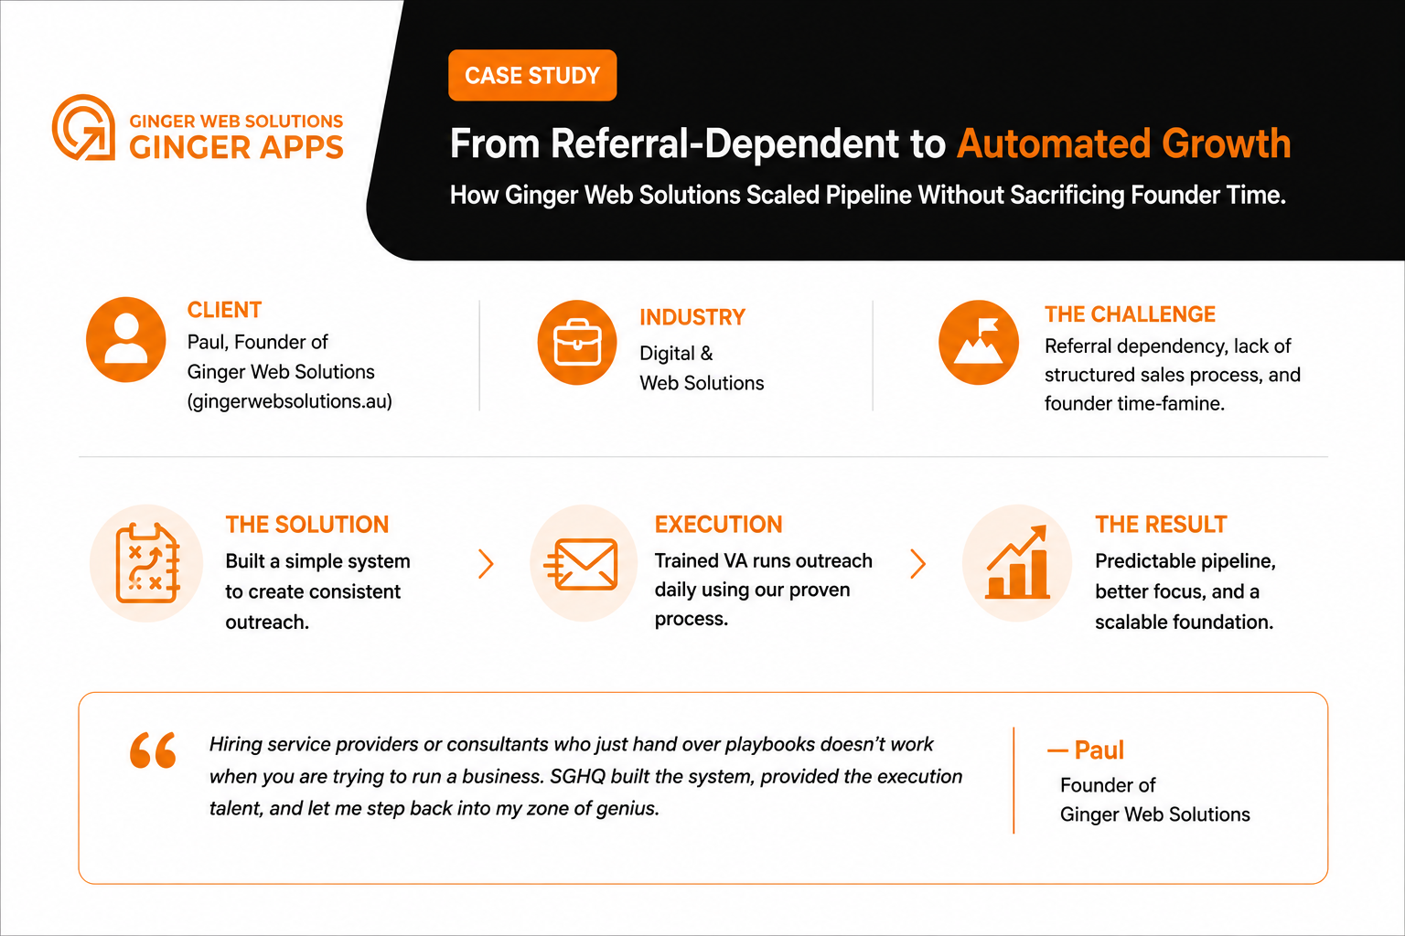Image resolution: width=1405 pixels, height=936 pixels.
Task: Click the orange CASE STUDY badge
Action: pos(532,75)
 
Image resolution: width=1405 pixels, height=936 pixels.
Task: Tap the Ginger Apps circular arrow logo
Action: pos(83,127)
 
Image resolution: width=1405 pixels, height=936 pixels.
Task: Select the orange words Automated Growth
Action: pos(1123,144)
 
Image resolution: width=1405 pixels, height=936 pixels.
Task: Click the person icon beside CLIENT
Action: pos(126,340)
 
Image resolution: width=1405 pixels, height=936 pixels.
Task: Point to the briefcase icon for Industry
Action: pos(577,342)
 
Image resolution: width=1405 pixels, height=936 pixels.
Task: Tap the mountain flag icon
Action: pos(979,342)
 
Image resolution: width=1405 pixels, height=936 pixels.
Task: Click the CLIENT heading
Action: pos(224,310)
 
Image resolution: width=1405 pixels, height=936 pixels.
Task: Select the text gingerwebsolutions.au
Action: pos(289,401)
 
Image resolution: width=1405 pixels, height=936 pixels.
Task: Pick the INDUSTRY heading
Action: pos(692,317)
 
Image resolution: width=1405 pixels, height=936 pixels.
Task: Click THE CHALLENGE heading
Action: pos(1130,314)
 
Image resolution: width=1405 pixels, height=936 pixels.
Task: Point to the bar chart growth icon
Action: pos(1017,562)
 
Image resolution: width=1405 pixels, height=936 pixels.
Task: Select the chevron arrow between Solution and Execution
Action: pos(486,564)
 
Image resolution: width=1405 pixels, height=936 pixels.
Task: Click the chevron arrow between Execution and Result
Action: pos(917,564)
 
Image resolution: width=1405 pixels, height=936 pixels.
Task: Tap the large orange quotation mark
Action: pos(153,750)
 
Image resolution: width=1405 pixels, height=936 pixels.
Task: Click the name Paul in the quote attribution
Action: pos(1099,750)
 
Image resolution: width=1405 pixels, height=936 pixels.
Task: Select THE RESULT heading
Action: pos(1161,524)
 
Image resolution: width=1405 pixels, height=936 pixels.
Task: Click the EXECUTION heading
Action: pos(719,524)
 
